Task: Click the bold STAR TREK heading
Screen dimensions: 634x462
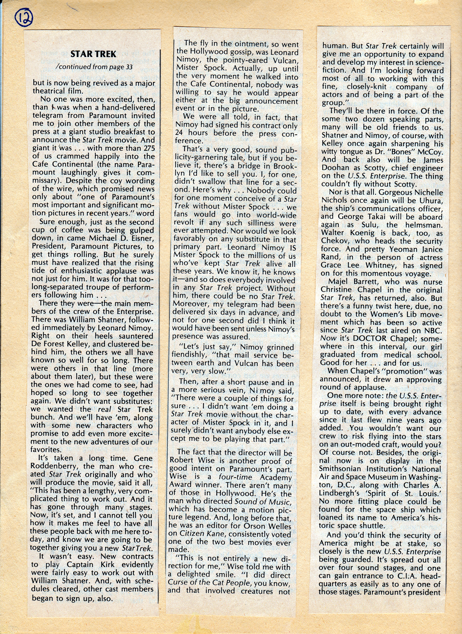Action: [x=93, y=54]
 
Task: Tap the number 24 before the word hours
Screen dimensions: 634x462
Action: [x=179, y=133]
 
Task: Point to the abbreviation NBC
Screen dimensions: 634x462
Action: [x=433, y=330]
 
